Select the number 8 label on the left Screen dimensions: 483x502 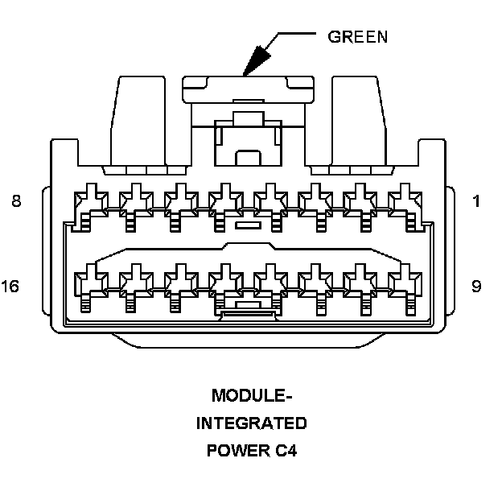point(16,202)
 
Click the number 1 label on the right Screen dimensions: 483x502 point(476,202)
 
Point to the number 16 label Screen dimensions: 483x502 point(11,287)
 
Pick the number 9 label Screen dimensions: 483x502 point(476,287)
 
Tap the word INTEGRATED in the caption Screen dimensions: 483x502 point(251,423)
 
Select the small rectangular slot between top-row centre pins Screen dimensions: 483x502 point(247,226)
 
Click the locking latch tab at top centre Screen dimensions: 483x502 point(247,88)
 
